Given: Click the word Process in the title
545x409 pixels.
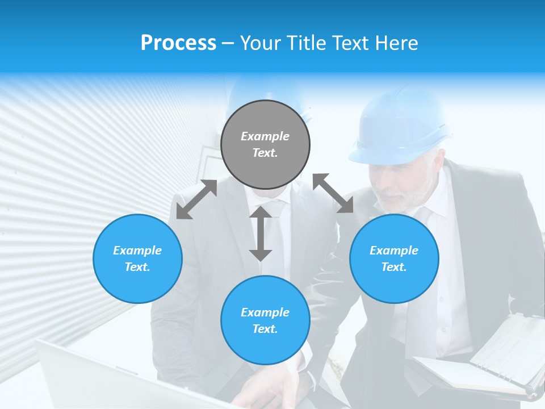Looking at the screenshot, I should (178, 43).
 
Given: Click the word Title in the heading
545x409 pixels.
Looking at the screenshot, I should (302, 43).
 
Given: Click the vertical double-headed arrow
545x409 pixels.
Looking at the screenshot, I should (261, 233).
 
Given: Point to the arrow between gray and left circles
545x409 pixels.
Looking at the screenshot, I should (196, 199).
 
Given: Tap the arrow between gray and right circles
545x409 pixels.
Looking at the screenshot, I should (333, 193).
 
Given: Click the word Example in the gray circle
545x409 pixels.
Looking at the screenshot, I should (265, 136).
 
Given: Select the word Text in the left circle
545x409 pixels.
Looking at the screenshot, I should (137, 267).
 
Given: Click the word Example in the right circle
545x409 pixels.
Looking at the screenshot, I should (394, 251).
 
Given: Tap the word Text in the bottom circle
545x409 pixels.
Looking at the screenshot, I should (265, 329).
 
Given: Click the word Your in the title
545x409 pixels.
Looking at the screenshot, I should (259, 43).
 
